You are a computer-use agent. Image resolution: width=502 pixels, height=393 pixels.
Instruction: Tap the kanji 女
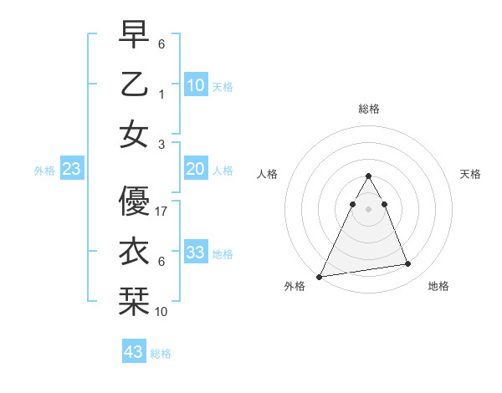134,134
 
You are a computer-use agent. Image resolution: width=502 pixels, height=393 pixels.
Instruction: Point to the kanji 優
134,200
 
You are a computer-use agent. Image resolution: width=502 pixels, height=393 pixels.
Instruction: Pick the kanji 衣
134,251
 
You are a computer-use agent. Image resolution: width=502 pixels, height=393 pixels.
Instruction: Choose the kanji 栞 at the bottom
134,301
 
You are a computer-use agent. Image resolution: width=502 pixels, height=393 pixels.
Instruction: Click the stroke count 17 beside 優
162,212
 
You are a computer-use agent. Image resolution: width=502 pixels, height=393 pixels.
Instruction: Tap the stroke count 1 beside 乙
161,94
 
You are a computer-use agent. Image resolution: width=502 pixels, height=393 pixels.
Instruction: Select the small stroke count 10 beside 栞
162,312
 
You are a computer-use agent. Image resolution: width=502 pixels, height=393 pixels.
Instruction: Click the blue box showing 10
196,84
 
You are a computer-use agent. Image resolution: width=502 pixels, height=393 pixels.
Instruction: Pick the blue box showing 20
196,169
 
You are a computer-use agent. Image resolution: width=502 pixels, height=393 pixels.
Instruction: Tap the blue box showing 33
196,253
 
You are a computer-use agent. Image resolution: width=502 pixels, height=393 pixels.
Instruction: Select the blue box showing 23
71,169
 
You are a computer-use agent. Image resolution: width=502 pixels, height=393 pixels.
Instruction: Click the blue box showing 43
134,352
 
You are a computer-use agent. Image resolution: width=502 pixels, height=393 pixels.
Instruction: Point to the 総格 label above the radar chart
368,109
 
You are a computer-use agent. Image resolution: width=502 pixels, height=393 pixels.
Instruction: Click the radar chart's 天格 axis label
471,174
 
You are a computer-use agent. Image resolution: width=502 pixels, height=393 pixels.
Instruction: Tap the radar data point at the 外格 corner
320,277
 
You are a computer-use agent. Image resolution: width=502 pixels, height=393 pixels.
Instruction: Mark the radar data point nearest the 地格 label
408,264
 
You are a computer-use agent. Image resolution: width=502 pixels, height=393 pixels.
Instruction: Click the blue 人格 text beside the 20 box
223,170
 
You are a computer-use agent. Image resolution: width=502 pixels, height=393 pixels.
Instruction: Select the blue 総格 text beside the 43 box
161,354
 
